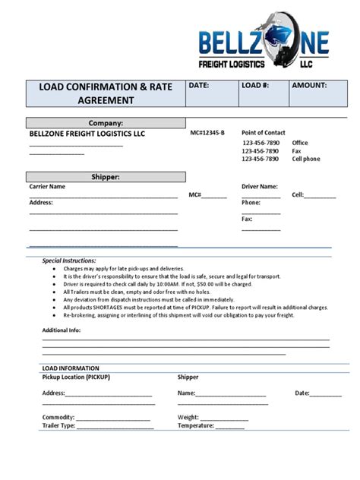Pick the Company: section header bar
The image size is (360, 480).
pos(106,122)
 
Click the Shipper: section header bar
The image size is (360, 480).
pos(106,177)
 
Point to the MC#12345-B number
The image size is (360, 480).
pos(207,133)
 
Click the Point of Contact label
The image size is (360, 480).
pos(264,133)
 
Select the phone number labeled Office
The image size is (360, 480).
pos(261,143)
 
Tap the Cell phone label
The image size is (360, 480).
pos(306,159)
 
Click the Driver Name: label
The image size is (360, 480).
pos(260,186)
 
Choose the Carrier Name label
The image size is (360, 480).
pos(47,186)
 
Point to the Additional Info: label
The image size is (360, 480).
pos(64,330)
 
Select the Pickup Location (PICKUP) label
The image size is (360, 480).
pos(76,377)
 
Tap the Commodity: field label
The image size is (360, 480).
pos(58,417)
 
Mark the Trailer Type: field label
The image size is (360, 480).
pos(58,426)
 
